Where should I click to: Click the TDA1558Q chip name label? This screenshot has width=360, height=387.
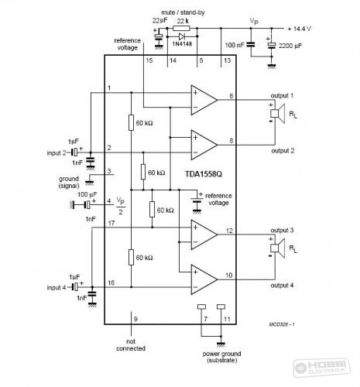(x=204, y=174)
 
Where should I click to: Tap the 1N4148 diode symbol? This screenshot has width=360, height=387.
(x=182, y=36)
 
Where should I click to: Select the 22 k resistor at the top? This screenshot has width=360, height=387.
(x=181, y=28)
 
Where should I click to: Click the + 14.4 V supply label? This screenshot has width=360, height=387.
(x=299, y=29)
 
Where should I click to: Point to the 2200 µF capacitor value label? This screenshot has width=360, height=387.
(x=290, y=46)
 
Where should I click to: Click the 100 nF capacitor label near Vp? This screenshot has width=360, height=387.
(x=235, y=45)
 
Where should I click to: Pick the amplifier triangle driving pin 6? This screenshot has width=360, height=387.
(x=204, y=100)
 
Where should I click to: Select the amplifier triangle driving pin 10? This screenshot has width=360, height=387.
(x=204, y=279)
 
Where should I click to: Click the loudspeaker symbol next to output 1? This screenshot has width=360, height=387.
(x=278, y=114)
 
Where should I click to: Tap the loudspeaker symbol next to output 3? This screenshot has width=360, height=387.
(x=278, y=248)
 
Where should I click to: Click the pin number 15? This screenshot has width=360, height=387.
(x=149, y=60)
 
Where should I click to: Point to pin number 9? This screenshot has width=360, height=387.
(x=135, y=319)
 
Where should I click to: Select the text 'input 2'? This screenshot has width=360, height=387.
(x=57, y=152)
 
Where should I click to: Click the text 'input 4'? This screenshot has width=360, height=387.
(x=57, y=287)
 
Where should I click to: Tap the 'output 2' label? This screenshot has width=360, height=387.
(x=283, y=151)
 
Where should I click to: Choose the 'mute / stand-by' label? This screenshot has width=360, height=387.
(x=183, y=12)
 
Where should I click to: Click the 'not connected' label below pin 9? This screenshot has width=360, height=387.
(x=131, y=345)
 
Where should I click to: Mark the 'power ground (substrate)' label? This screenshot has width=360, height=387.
(x=222, y=357)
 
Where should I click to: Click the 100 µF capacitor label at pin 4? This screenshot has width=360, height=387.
(x=87, y=194)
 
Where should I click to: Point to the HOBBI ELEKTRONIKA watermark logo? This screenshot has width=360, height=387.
(x=322, y=368)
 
